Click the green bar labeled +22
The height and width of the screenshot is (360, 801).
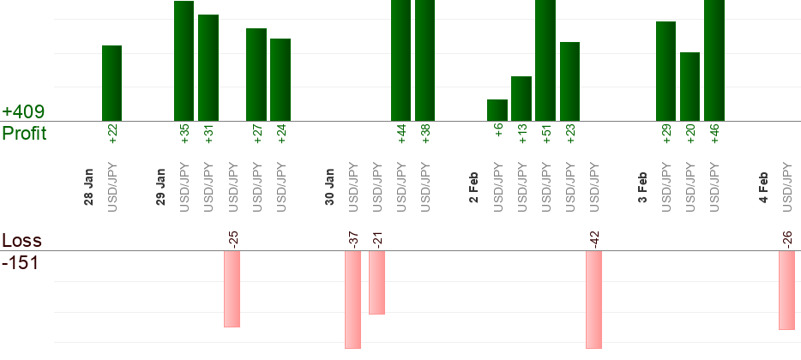(112, 83)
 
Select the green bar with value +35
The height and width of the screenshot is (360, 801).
(184, 61)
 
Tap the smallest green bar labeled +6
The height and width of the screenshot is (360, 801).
(497, 110)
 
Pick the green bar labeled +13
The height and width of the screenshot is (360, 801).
(521, 99)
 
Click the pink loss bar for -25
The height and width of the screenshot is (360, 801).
(232, 289)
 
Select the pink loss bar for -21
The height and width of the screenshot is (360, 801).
(376, 283)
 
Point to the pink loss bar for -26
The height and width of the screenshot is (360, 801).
(786, 290)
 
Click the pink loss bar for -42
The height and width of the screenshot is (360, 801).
(593, 299)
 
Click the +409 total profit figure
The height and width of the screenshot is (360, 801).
(24, 112)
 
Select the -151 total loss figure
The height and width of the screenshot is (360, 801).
(21, 262)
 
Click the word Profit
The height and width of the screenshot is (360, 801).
(24, 134)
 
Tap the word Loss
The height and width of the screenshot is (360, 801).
(21, 241)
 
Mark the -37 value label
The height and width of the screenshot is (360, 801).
(353, 239)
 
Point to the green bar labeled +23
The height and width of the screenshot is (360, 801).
(570, 81)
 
